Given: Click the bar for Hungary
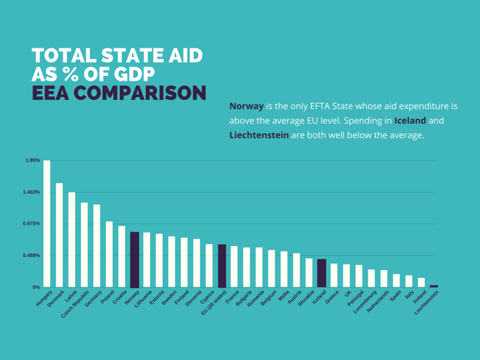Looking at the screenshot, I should point(47,224).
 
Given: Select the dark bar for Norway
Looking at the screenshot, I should point(134,259).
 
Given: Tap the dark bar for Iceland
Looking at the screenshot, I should point(322,273).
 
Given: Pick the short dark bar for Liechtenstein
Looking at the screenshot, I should point(434,286).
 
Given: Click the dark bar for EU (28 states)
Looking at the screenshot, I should point(222,266).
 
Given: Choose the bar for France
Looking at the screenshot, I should point(234,266).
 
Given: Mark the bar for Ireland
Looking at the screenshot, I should point(421,283).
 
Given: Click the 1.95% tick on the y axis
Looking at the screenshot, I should point(33,160).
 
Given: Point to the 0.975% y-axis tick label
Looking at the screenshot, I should point(32,224).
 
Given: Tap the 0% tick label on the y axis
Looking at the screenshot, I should point(36,287).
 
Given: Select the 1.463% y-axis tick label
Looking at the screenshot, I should point(32,192).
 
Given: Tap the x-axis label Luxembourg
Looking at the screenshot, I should point(365,300).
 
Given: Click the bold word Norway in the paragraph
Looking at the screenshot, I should point(247,106).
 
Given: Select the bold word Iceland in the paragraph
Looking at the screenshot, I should point(410,121).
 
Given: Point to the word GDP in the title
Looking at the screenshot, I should point(131,75).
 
